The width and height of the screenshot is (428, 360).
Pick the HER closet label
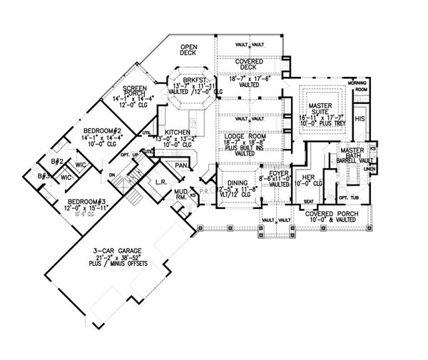(309, 176)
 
